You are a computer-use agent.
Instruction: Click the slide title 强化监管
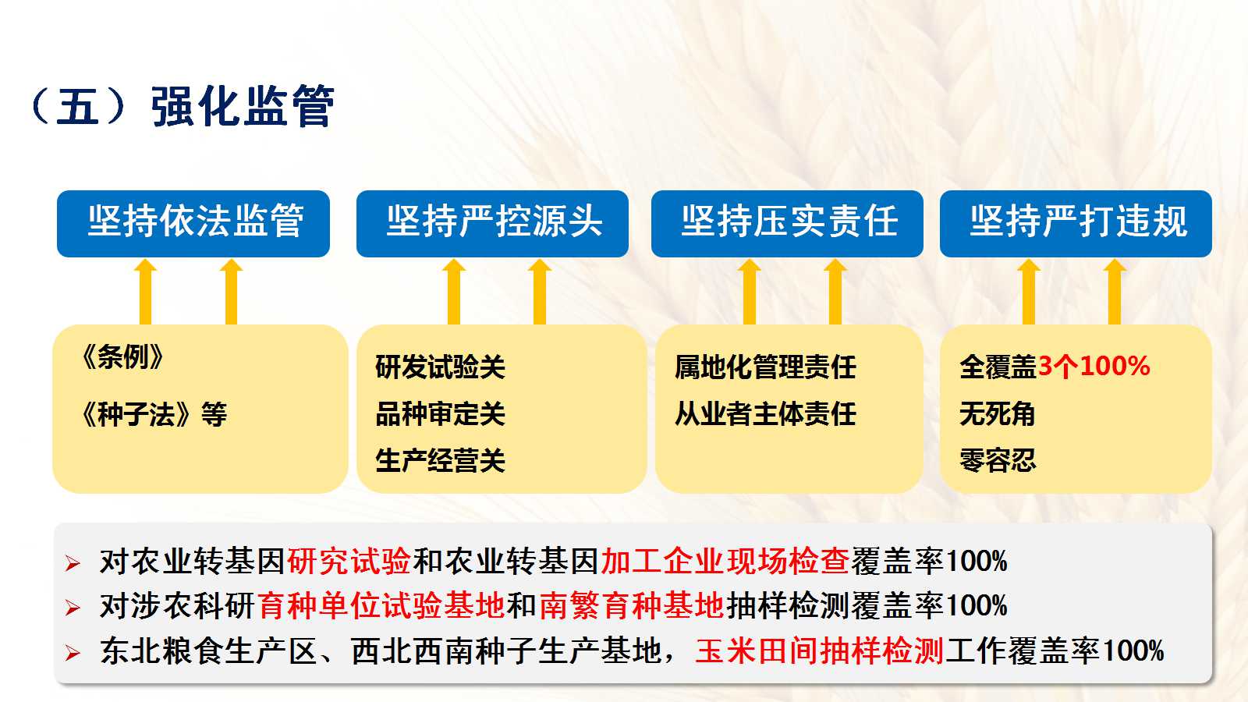[243, 106]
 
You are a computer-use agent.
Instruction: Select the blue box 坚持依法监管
[193, 223]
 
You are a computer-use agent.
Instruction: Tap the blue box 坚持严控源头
[492, 223]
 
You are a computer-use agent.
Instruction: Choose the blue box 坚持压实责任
[787, 223]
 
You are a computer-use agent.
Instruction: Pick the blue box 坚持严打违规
[1076, 223]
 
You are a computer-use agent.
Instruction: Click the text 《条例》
[122, 357]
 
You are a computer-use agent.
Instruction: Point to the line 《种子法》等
[153, 414]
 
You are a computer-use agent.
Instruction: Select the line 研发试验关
[440, 367]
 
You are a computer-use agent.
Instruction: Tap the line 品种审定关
[440, 414]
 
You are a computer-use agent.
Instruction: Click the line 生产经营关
[440, 461]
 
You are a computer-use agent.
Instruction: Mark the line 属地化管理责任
[765, 367]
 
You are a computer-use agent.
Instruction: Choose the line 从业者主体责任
[765, 414]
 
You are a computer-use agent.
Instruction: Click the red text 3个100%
[1094, 367]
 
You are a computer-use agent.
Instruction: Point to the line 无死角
[998, 414]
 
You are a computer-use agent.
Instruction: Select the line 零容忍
[998, 461]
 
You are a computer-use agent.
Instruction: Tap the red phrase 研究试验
[349, 561]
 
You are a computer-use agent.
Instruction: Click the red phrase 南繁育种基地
[631, 605]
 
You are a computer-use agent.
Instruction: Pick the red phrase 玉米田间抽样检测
[819, 651]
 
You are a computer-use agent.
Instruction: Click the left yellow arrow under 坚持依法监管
[145, 292]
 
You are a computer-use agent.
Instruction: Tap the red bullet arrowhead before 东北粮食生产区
[73, 652]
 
